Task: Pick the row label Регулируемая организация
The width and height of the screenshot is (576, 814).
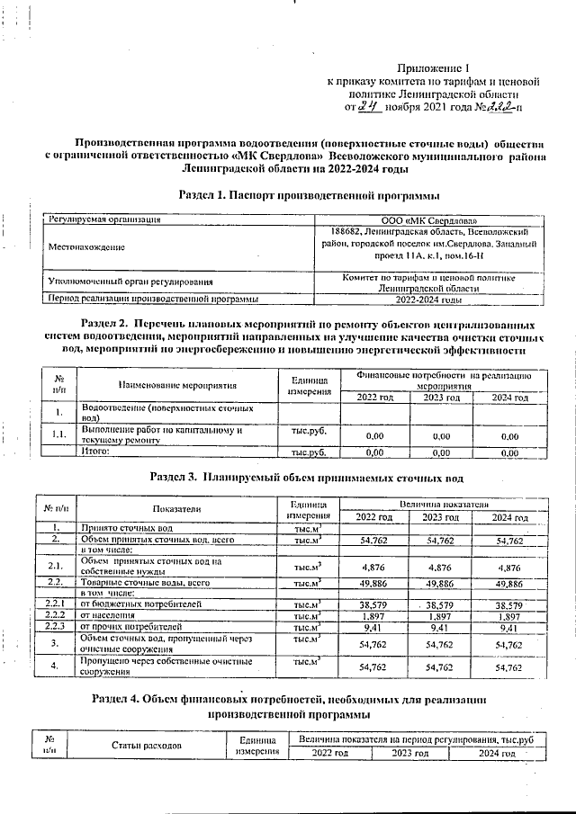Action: pyautogui.click(x=105, y=219)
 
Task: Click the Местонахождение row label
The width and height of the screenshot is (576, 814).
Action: pyautogui.click(x=87, y=246)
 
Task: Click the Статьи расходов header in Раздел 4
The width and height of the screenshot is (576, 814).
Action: pyautogui.click(x=147, y=746)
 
